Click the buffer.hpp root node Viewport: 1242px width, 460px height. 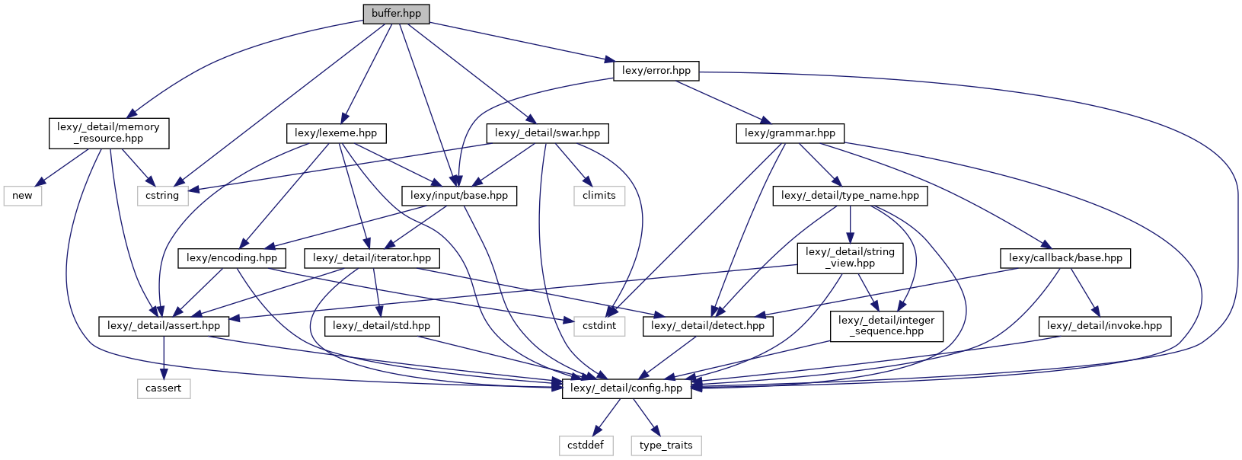click(396, 14)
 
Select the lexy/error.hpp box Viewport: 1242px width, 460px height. click(656, 71)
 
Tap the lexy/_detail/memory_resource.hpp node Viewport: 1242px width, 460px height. click(108, 133)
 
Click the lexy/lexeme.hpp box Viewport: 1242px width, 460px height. click(336, 133)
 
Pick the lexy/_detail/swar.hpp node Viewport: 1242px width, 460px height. click(547, 133)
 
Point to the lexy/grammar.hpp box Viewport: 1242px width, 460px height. click(790, 133)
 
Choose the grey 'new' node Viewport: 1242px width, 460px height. click(22, 196)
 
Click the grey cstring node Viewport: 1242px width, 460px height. click(162, 196)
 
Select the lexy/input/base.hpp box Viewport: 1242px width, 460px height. click(458, 196)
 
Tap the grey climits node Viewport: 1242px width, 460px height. click(599, 196)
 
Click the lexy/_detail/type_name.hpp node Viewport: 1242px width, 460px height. click(850, 196)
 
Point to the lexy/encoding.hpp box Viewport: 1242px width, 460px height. click(231, 258)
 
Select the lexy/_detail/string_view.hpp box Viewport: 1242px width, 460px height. click(850, 257)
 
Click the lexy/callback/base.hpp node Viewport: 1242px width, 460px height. click(1065, 258)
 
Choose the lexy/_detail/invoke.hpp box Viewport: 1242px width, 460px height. click(1104, 326)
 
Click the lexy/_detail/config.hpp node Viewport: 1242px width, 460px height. click(626, 388)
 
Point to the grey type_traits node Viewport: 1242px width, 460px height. click(666, 446)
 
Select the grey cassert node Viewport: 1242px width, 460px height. click(163, 388)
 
